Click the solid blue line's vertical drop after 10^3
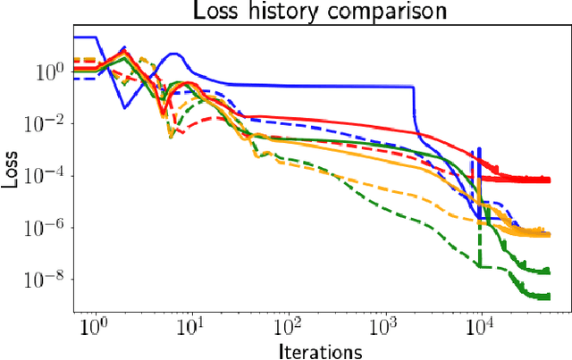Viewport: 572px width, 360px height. tap(414, 112)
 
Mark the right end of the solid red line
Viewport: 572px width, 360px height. tap(548, 180)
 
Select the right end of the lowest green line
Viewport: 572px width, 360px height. tap(548, 296)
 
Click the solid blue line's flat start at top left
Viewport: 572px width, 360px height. tap(85, 38)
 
